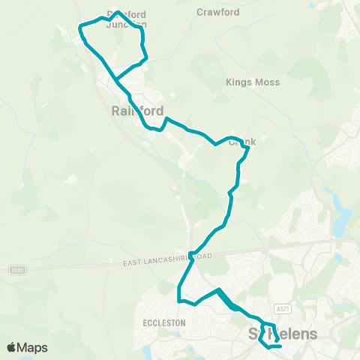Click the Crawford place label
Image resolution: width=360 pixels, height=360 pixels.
point(217,12)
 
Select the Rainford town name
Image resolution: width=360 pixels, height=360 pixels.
point(137,110)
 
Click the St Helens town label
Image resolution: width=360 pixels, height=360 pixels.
point(283,333)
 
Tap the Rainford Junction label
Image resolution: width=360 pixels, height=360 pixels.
point(126,19)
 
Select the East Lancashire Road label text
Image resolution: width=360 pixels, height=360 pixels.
point(167,259)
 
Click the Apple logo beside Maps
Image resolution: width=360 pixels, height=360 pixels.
point(12,347)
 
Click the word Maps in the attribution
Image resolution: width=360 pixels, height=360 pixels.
point(34,347)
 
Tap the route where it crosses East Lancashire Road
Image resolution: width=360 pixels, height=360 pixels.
point(192,255)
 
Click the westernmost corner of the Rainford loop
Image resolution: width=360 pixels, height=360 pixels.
point(79,28)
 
